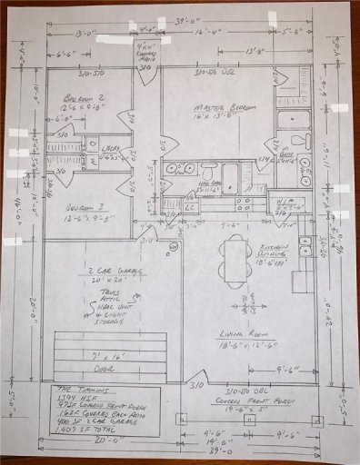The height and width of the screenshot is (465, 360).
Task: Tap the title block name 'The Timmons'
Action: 65,388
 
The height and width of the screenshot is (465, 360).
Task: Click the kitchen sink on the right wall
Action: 305,243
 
